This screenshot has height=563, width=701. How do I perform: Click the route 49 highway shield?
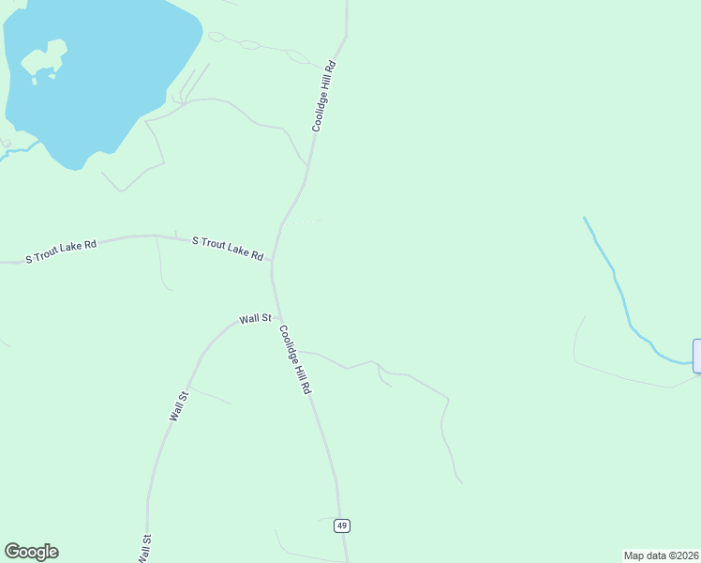[x=342, y=525]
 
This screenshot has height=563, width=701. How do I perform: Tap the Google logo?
[x=31, y=552]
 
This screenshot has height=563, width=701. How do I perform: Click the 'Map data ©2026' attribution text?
[x=661, y=555]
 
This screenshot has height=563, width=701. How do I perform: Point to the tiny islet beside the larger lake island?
[x=35, y=81]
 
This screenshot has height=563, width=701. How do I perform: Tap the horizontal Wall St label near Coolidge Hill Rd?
[x=254, y=319]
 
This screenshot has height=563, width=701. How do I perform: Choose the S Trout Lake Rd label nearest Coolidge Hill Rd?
[x=228, y=248]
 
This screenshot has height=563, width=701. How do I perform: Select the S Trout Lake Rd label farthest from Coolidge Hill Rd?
[x=61, y=251]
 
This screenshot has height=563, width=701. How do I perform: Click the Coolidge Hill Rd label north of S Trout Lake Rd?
[x=323, y=97]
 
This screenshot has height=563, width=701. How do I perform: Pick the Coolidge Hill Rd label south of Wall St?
[x=293, y=359]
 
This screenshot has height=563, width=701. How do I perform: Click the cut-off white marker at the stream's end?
[x=696, y=357]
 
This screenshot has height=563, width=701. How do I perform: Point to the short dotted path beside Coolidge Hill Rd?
[x=302, y=222]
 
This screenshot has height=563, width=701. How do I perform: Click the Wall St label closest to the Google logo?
[x=145, y=548]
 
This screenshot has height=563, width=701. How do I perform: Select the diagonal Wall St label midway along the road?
[x=179, y=406]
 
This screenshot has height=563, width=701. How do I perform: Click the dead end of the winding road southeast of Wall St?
[x=461, y=483]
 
